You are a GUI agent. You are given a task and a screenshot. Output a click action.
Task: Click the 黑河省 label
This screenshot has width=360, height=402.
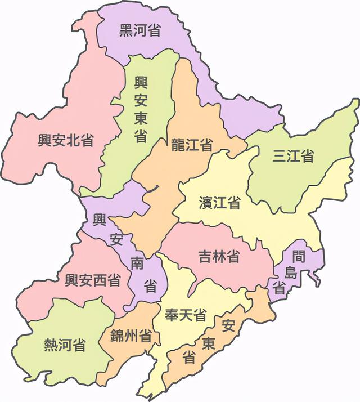coord(139,30)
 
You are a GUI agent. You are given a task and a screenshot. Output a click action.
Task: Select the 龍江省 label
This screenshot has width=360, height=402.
coord(192,146)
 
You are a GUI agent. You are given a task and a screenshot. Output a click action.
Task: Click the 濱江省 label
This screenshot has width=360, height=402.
coord(220,203)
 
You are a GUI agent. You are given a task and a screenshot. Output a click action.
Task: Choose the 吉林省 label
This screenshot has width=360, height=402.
coord(219,256)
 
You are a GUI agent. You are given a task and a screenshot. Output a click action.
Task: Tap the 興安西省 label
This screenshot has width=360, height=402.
coord(92,280)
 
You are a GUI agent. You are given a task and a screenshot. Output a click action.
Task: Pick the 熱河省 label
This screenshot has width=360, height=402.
coord(65,345)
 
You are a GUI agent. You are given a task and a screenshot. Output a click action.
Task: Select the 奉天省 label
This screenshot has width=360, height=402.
coord(185,315)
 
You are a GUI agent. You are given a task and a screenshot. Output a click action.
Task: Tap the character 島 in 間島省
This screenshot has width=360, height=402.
coord(291,273)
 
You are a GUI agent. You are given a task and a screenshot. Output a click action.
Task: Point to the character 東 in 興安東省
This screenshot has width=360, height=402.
coord(141,119)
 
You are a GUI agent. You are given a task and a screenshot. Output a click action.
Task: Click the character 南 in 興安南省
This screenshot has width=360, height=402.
coord(137,263)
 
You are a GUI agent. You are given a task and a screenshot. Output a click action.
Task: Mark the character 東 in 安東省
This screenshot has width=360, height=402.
coord(209,343)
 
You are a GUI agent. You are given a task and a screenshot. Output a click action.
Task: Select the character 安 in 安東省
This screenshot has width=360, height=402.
coord(228,325)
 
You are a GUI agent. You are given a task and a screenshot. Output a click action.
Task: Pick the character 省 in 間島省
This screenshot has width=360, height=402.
coord(279,288)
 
